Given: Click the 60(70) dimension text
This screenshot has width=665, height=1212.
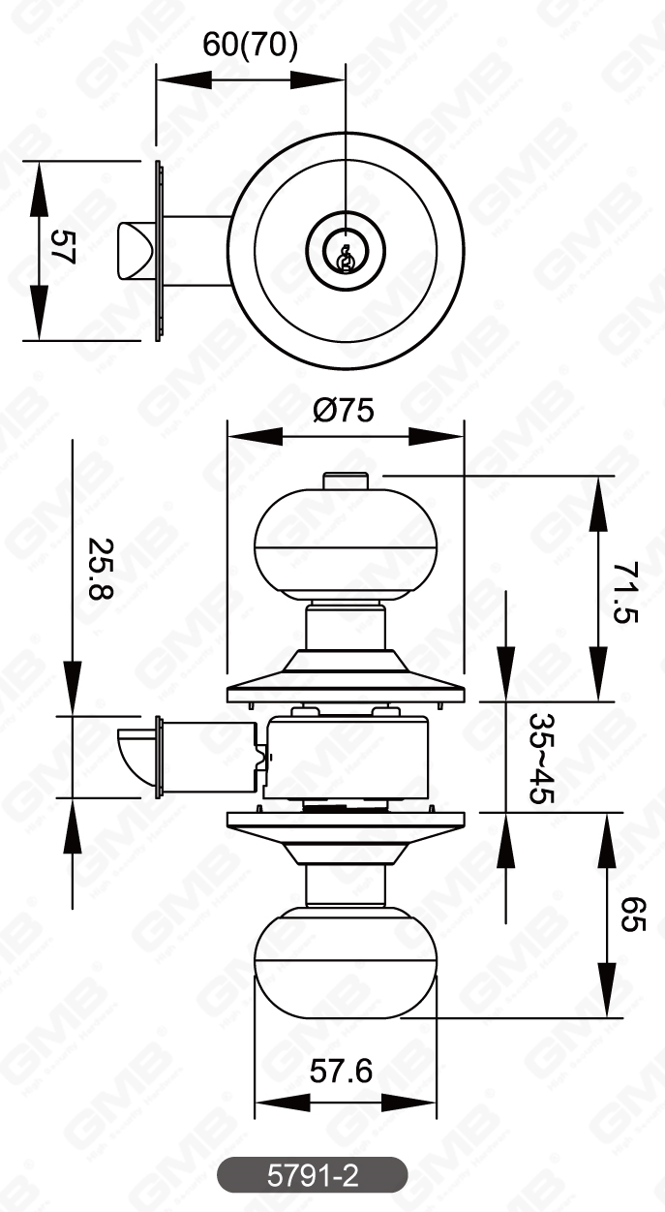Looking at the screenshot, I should click(x=250, y=46).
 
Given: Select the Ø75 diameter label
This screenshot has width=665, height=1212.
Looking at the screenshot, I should click(x=343, y=411).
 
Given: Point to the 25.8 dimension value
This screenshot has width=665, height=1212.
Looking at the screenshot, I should click(x=98, y=569).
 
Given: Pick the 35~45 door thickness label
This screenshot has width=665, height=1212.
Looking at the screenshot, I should click(x=541, y=759).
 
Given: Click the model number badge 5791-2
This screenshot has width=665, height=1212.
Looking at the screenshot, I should click(x=312, y=1176).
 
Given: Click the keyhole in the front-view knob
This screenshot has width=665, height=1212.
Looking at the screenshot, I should click(x=345, y=256).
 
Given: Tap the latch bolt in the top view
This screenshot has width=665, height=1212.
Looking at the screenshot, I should click(x=133, y=251).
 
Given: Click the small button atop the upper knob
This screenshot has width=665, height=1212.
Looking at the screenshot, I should click(x=344, y=481).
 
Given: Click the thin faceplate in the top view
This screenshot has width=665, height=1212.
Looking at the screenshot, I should click(x=159, y=251).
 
